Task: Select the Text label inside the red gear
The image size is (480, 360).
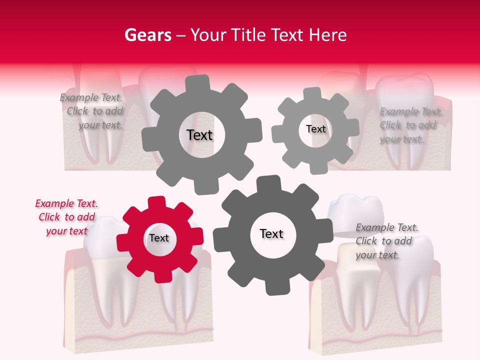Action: coord(159,238)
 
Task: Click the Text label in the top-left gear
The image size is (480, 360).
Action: coord(199,135)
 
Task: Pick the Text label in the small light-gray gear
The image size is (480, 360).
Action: coord(315,129)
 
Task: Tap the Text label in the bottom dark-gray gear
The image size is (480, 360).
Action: coord(271,233)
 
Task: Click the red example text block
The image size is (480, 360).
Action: coord(66,217)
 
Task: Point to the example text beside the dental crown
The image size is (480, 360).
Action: coord(386,241)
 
